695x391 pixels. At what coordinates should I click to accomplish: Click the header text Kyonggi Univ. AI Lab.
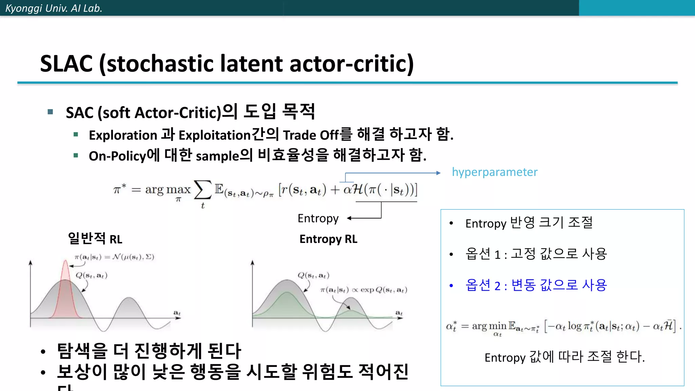coord(54,8)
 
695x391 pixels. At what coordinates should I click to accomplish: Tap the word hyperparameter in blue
coord(494,172)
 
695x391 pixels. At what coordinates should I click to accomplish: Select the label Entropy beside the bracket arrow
coord(318,218)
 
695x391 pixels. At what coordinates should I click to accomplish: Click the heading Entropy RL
coord(328,239)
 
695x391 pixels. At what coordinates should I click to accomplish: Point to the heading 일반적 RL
coord(95,239)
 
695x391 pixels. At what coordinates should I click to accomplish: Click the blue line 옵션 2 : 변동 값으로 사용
coord(536,285)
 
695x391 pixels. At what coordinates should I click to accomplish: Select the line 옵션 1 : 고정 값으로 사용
coord(536,254)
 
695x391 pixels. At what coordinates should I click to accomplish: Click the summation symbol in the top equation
coord(203,190)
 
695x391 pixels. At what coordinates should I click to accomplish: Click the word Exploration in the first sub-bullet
coord(123,135)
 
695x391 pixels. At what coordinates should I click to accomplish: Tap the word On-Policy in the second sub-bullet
coord(117,156)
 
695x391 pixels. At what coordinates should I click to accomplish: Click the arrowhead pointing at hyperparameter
coord(438,173)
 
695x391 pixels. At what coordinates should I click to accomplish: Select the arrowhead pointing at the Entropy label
coord(349,218)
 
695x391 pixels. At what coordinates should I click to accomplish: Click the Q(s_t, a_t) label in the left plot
coord(91,275)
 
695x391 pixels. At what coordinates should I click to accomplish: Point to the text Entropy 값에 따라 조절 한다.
coord(564,357)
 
